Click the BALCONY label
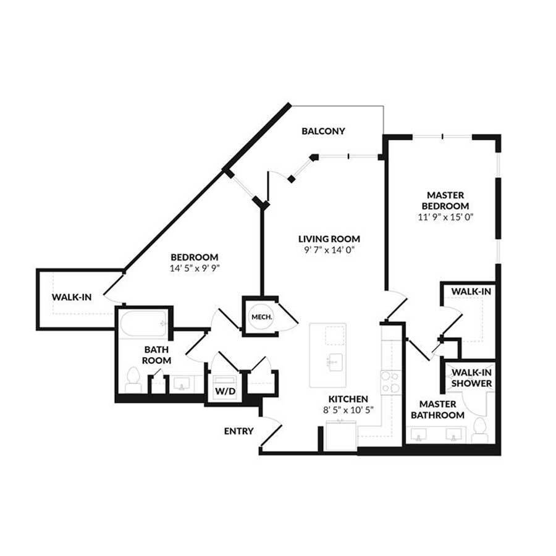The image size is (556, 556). coord(323,131)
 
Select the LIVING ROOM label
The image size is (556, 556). coord(329,239)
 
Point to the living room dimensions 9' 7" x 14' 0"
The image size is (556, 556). coord(329,250)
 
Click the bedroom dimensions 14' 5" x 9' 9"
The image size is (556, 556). coord(195,269)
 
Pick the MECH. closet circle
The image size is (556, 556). coord(258,317)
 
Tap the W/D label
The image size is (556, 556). coord(225,392)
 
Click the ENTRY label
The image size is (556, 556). coord(238,431)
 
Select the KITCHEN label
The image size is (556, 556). coord(348,399)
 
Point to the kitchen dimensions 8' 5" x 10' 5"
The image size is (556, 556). coord(348,410)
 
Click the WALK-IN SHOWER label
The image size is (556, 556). coord(472,377)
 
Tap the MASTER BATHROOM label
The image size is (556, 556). coord(437,410)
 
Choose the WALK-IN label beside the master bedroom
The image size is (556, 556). coord(471,291)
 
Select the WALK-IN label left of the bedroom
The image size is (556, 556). coord(72,297)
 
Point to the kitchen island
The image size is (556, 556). coord(328,355)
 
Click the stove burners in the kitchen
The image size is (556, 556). coord(390,382)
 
